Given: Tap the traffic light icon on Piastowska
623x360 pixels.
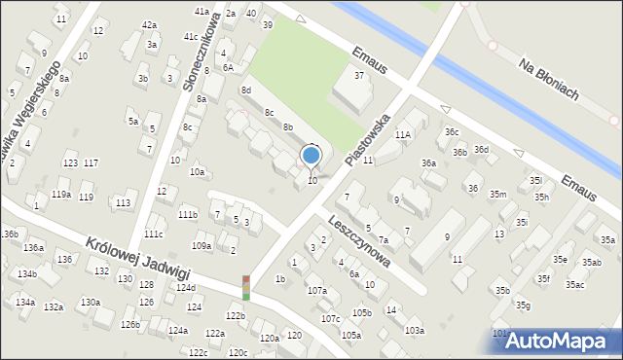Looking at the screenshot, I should (x=245, y=288).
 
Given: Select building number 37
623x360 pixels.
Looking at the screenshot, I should (x=359, y=75).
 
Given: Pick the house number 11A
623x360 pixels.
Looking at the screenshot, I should (x=403, y=134).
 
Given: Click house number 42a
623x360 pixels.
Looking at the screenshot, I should (x=149, y=24).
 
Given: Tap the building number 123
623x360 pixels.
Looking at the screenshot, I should (x=69, y=162).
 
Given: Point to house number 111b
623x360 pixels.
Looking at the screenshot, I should (x=188, y=214).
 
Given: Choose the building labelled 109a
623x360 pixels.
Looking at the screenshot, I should (x=202, y=246).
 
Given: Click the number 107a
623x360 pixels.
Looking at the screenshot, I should (x=316, y=290).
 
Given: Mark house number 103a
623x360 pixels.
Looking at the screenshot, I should (x=415, y=331).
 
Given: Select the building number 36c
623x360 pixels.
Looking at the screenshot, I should (x=452, y=131).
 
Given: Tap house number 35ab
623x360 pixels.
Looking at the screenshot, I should (x=593, y=263).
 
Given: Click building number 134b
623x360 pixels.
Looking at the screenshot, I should (x=26, y=274).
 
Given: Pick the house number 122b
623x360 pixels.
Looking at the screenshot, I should (x=236, y=316).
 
